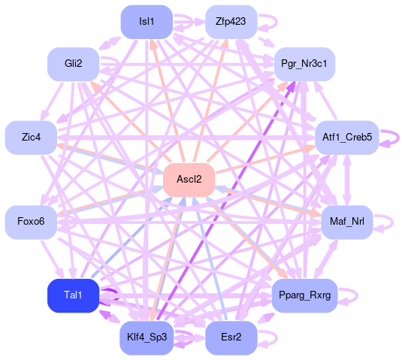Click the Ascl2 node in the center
point(189,180)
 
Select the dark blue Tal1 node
point(73,295)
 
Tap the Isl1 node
point(147,22)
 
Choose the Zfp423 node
point(231,22)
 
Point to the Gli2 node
point(74,64)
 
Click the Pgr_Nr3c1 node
point(304,64)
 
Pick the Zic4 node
point(31,138)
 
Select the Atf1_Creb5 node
point(346,138)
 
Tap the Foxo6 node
point(31,222)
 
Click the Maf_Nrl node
point(346,222)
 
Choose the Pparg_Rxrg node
point(304,295)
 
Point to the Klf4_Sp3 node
point(147,337)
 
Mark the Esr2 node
point(231,337)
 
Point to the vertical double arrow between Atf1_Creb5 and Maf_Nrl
point(346,180)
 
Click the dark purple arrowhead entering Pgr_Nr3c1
point(292,86)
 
